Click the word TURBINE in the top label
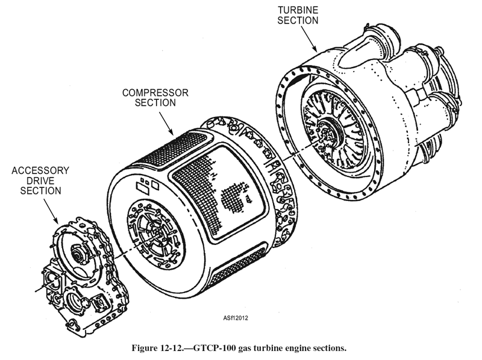point(298,10)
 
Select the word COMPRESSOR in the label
point(155,93)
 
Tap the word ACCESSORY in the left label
point(40,170)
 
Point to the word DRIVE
point(40,181)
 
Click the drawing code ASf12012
point(236,318)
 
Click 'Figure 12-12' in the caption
point(157,349)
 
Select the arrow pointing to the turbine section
point(308,39)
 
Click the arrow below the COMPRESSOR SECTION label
point(166,123)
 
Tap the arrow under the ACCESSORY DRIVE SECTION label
point(51,211)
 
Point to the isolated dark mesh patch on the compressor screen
point(232,197)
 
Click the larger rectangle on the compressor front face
point(142,188)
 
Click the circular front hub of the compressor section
point(156,234)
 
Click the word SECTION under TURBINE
point(298,20)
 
